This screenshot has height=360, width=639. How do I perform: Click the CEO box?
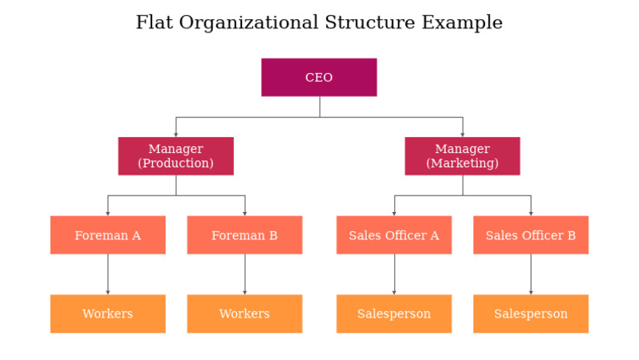pyautogui.click(x=319, y=77)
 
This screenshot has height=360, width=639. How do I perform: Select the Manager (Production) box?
pyautogui.click(x=176, y=156)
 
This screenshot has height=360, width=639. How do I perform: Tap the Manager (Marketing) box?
pyautogui.click(x=463, y=156)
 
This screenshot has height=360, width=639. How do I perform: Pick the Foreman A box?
pyautogui.click(x=107, y=235)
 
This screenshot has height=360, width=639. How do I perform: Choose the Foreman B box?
pyautogui.click(x=245, y=235)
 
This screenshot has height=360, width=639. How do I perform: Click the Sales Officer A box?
pyautogui.click(x=394, y=235)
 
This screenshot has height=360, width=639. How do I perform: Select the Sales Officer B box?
pyautogui.click(x=531, y=235)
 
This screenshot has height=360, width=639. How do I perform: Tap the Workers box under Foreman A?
pyautogui.click(x=107, y=313)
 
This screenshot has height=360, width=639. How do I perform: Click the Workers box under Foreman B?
pyautogui.click(x=245, y=313)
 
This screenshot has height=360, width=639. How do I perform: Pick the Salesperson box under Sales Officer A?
pyautogui.click(x=394, y=313)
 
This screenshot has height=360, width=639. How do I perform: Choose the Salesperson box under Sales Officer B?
pyautogui.click(x=531, y=313)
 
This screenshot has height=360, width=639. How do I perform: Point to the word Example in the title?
pyautogui.click(x=462, y=23)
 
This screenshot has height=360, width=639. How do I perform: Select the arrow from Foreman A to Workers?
pyautogui.click(x=107, y=274)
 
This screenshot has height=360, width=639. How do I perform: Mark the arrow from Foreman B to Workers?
pyautogui.click(x=245, y=274)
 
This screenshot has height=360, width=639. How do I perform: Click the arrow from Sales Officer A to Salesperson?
pyautogui.click(x=394, y=274)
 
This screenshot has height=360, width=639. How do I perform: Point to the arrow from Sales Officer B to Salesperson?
pyautogui.click(x=531, y=274)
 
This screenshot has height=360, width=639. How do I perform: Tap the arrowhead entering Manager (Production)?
pyautogui.click(x=176, y=134)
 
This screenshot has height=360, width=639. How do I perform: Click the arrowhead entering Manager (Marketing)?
pyautogui.click(x=463, y=134)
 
